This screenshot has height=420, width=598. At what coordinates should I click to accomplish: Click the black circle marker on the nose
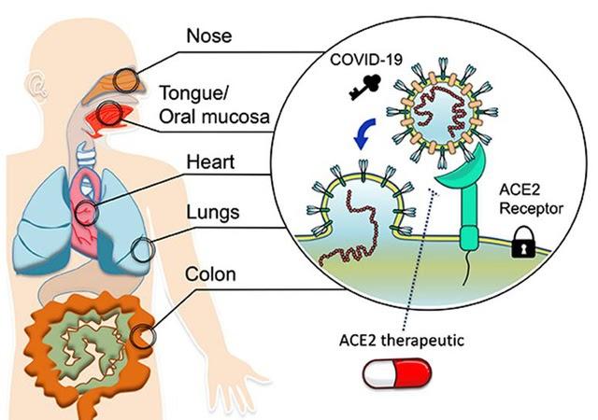tap(128, 79)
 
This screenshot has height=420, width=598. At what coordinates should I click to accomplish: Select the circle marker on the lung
tap(143, 250)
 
